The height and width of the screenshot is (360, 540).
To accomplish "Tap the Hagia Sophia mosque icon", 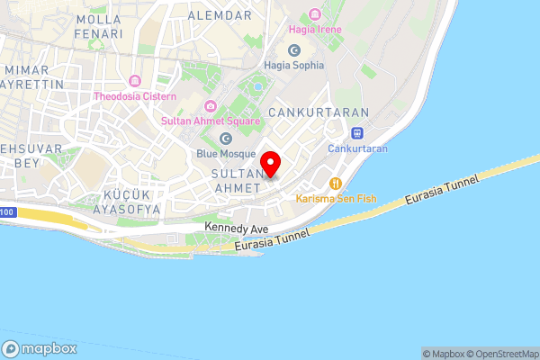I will click(294, 50).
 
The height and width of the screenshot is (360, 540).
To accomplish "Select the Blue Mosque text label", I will click(226, 154).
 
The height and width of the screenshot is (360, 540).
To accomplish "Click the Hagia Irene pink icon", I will click(313, 13).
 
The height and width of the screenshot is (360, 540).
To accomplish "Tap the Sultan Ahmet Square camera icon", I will click(210, 105).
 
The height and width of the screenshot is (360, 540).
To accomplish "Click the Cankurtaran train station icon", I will click(357, 133).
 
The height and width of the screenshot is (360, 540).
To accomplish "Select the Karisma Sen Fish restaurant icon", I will click(334, 182).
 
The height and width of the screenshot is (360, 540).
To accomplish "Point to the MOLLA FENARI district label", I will click(99, 26).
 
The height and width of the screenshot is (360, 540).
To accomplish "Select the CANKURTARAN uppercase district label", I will click(319, 112).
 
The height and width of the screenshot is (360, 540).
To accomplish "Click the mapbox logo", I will click(40, 348).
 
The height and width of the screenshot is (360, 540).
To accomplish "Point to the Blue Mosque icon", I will click(226, 139).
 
